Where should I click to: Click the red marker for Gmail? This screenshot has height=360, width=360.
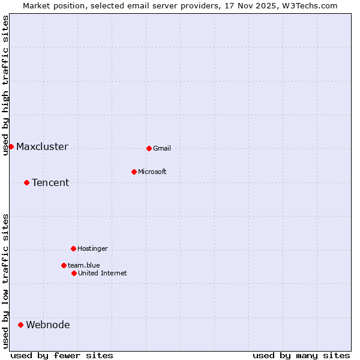(x=149, y=148)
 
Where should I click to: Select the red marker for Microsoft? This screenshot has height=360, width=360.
(x=134, y=172)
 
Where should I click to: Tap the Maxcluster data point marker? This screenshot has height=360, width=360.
(x=11, y=146)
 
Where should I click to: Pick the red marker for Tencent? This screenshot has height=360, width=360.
(x=26, y=182)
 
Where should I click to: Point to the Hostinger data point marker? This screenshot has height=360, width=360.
(x=73, y=248)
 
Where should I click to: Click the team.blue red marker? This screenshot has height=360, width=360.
(x=64, y=265)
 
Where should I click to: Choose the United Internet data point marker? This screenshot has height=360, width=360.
(x=74, y=273)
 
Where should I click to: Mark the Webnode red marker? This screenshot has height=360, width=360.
(x=20, y=325)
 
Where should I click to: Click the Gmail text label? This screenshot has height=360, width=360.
(x=162, y=148)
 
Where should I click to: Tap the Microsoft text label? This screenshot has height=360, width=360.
(x=152, y=172)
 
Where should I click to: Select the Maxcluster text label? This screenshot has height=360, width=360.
(x=42, y=147)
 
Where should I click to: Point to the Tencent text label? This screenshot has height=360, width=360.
(x=50, y=183)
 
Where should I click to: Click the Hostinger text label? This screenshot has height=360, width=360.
(x=92, y=248)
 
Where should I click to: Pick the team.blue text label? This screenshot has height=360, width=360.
(x=84, y=265)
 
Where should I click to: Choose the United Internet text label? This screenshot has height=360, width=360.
(x=103, y=273)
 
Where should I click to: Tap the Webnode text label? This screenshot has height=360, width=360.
(x=48, y=325)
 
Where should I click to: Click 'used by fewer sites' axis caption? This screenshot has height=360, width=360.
(x=62, y=355)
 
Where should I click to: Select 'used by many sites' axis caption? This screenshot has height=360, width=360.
(x=301, y=355)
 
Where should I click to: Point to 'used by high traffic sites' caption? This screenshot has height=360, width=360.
(x=5, y=85)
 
